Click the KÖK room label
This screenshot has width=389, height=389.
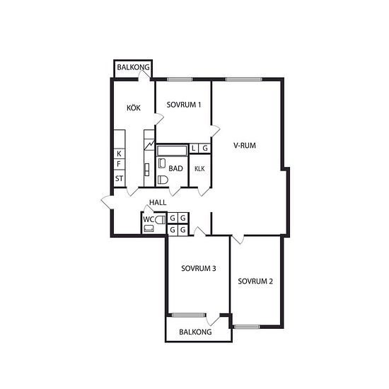(134, 108)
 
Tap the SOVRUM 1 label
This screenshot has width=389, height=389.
(184, 105)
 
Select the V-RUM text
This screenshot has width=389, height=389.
(245, 146)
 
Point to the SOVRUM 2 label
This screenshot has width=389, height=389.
(255, 281)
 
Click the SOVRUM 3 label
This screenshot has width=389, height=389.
(199, 269)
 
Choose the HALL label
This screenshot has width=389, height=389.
(158, 202)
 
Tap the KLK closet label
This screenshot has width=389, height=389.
(199, 169)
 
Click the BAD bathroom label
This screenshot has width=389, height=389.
(175, 169)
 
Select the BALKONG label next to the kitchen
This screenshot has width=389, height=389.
(133, 67)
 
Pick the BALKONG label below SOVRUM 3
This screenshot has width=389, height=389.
(195, 332)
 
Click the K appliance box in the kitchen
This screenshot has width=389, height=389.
(120, 153)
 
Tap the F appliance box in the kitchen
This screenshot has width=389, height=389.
(120, 164)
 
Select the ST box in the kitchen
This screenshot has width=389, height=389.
(120, 178)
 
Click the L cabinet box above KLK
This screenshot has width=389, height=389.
(194, 149)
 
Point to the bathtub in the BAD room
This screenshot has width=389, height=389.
(172, 151)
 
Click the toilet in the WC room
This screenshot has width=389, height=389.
(161, 220)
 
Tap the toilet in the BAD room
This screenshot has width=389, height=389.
(163, 180)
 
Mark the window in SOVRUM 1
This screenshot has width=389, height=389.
(180, 79)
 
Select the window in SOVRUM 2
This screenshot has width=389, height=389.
(247, 327)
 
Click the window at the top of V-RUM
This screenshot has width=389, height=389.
(243, 79)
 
